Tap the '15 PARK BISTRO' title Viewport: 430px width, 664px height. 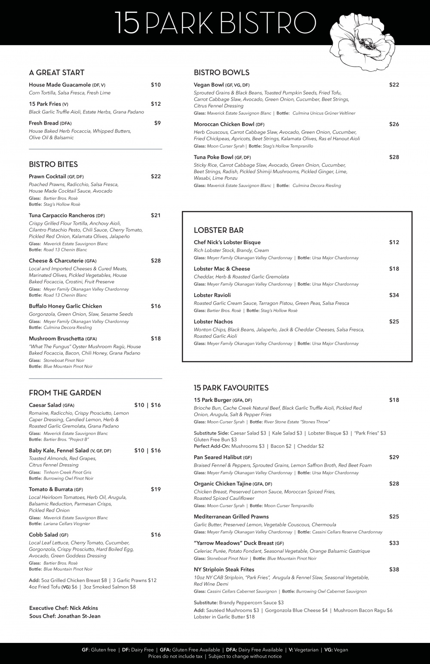pyautogui.click(x=215, y=22)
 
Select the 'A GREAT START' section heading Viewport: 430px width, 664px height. pyautogui.click(x=56, y=73)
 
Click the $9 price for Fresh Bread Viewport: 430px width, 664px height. pyautogui.click(x=157, y=123)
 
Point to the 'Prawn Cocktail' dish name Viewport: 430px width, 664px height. pyautogui.click(x=47, y=177)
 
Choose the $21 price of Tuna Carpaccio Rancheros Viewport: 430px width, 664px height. pyautogui.click(x=156, y=215)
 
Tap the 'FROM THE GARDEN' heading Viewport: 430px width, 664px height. pyautogui.click(x=65, y=393)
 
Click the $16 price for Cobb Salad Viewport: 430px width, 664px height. pyautogui.click(x=156, y=535)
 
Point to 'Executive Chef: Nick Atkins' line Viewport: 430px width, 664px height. pyautogui.click(x=64, y=608)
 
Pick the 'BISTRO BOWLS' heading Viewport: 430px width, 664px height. pyautogui.click(x=221, y=73)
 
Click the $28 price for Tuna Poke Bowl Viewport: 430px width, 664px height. pyautogui.click(x=394, y=157)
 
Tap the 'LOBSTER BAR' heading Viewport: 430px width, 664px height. pyautogui.click(x=219, y=230)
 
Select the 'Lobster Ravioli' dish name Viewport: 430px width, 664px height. pyautogui.click(x=212, y=295)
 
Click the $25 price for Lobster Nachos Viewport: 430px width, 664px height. pyautogui.click(x=394, y=321)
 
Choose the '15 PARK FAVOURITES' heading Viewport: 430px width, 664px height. pyautogui.click(x=231, y=388)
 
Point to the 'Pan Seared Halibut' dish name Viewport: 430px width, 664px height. pyautogui.click(x=218, y=457)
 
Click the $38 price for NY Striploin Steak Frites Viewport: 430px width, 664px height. pyautogui.click(x=394, y=569)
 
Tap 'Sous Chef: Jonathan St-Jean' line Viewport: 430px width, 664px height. pyautogui.click(x=65, y=616)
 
